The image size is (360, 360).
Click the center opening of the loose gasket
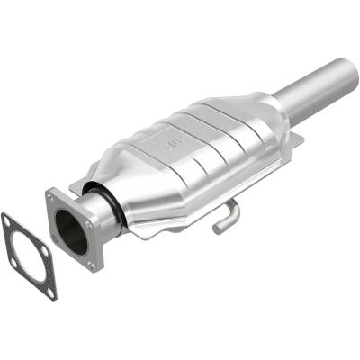coord(28,253)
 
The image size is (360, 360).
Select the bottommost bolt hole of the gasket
coord(50,290)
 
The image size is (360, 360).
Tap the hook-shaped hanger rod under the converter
coord(225,217)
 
